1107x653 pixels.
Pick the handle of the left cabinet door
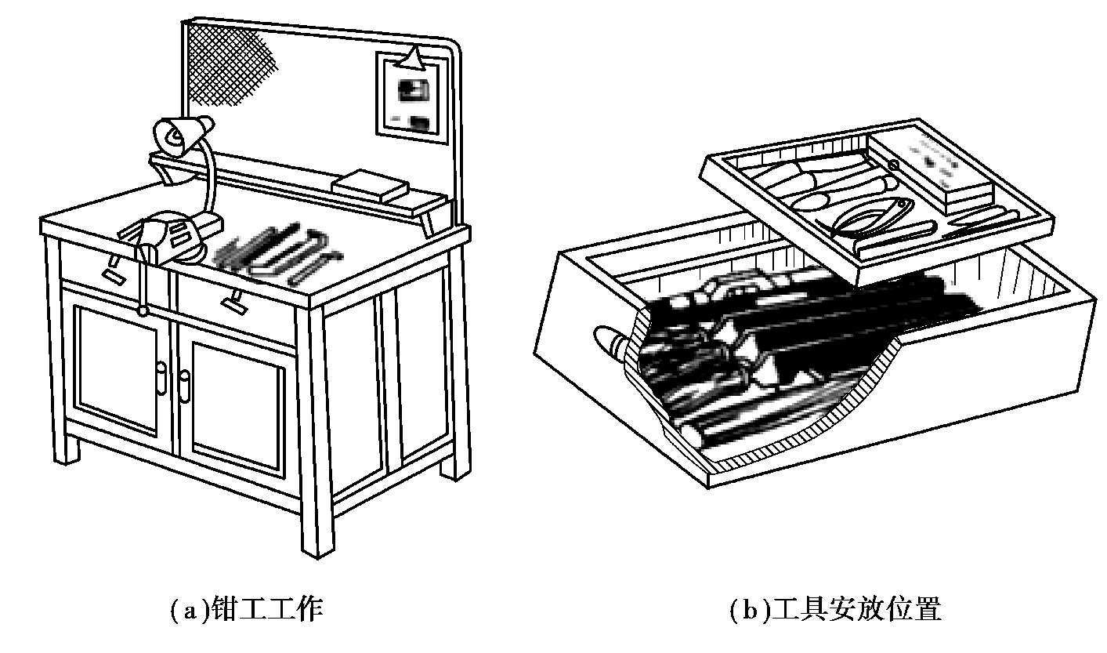(x=162, y=378)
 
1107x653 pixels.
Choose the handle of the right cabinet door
(x=184, y=386)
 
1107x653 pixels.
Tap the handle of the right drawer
(x=234, y=302)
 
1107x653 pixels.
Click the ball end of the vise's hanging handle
(x=143, y=311)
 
